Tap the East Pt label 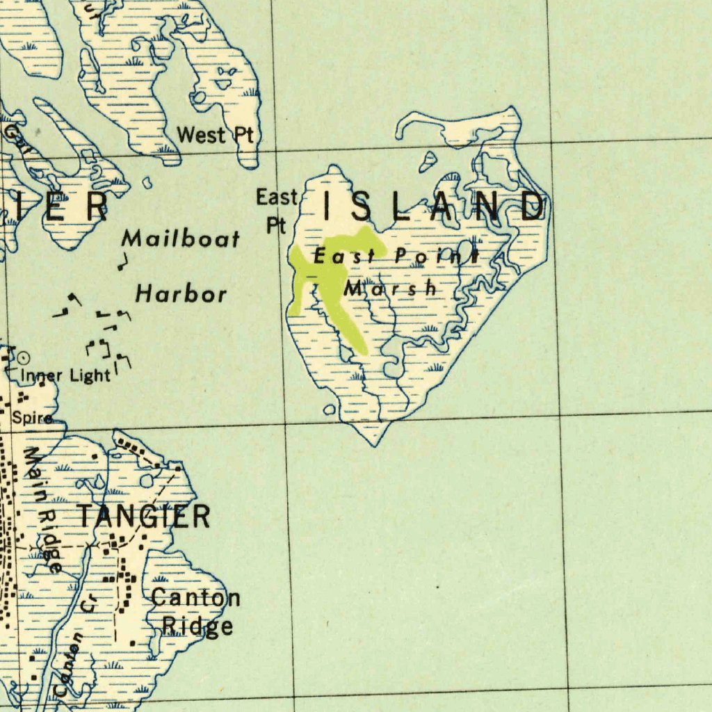point(277,210)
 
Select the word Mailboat point(181,239)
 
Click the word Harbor point(181,293)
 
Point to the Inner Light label point(65,375)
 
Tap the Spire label point(31,418)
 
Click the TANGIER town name point(143,517)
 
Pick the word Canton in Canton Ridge point(195,597)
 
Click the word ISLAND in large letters point(434,207)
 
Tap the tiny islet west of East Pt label point(147,182)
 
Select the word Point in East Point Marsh point(437,256)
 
